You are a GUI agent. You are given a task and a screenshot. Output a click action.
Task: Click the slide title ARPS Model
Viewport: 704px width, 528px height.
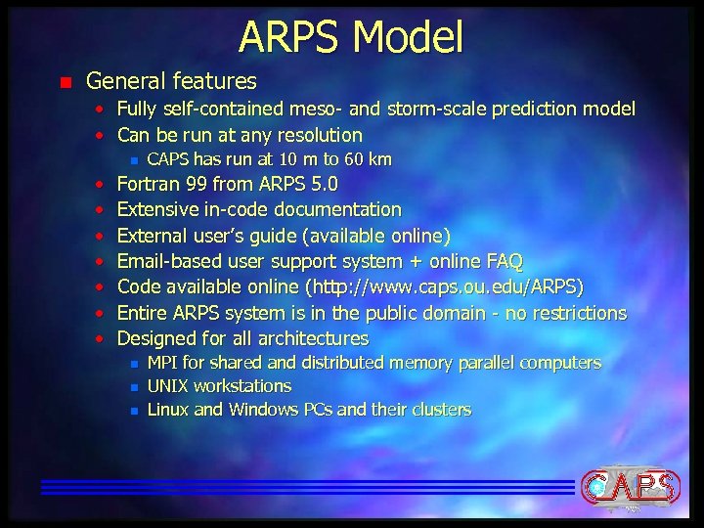click(351, 37)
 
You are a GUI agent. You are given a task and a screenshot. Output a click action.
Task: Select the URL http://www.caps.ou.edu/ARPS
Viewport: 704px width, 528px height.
click(445, 287)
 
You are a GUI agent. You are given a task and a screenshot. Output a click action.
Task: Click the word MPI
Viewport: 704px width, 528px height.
click(163, 363)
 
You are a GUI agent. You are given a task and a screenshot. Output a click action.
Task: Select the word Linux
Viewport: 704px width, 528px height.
click(168, 410)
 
